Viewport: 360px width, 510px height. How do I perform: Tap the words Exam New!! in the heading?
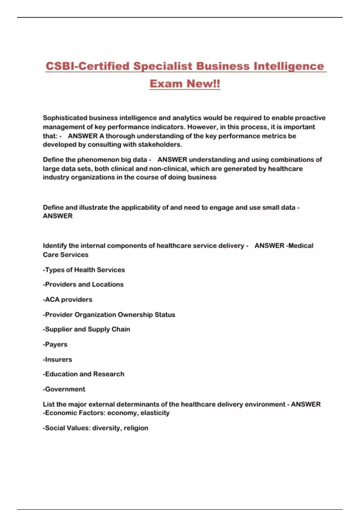[x=185, y=84]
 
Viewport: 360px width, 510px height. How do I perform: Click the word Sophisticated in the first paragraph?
[x=65, y=118]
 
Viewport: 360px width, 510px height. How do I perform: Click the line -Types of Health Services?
[x=84, y=270]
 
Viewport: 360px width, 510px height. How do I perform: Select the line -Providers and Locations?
[x=83, y=284]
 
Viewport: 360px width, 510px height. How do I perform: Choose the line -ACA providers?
[x=67, y=299]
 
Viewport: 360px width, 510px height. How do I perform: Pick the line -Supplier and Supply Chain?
[x=86, y=329]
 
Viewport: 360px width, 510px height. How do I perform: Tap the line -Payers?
[x=55, y=344]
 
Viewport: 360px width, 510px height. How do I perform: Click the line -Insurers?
[x=57, y=359]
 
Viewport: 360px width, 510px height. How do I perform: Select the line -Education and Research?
[x=83, y=374]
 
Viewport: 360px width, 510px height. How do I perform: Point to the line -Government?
[x=64, y=389]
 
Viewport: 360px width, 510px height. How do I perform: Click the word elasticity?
[x=155, y=413]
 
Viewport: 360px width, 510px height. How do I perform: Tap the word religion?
[x=136, y=428]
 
